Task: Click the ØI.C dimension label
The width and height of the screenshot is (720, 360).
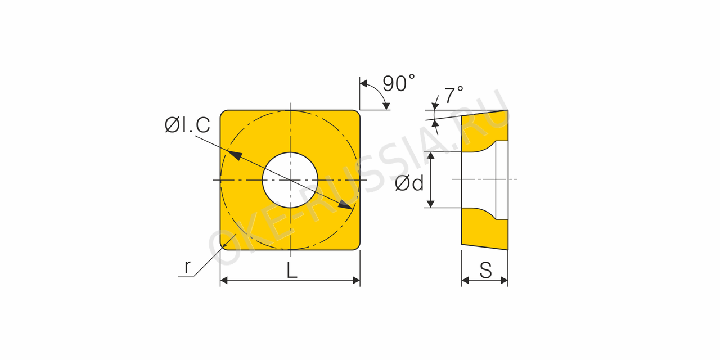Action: [187, 125]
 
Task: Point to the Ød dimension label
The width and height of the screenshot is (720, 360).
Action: [409, 183]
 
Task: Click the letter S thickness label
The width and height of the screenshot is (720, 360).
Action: [485, 270]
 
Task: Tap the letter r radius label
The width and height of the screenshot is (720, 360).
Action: [187, 267]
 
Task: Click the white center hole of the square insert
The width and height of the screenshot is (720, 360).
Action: [290, 180]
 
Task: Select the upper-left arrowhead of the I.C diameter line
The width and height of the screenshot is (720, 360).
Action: [235, 155]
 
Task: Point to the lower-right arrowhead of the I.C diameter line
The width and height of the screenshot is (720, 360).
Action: [345, 205]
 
